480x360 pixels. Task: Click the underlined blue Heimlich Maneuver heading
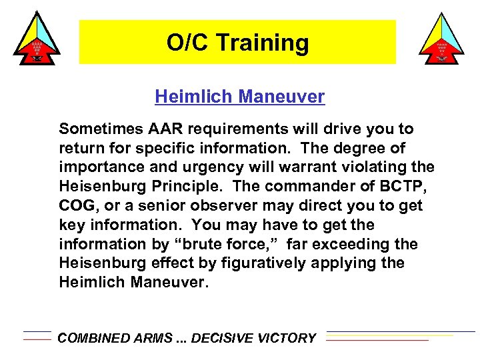[239, 97]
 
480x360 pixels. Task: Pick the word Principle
[191, 186]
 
